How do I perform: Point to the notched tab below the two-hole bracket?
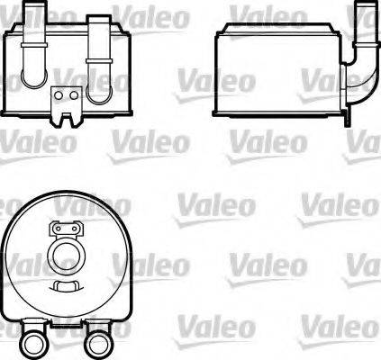click(x=66, y=112)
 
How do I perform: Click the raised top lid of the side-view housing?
click(x=270, y=34)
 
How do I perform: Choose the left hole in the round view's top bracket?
click(x=56, y=228)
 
